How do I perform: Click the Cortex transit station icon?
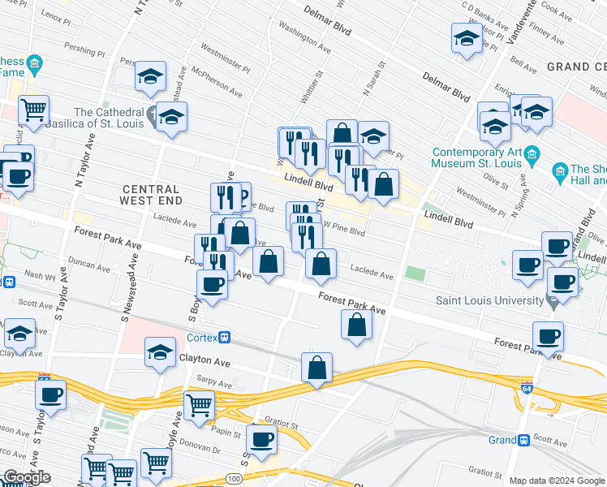click(x=225, y=338)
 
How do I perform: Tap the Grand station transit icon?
click(x=523, y=440)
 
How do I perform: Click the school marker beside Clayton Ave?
click(x=161, y=353)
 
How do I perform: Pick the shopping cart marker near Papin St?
click(x=199, y=404)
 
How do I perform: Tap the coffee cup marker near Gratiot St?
click(x=261, y=439)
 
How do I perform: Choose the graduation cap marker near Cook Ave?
click(x=466, y=38)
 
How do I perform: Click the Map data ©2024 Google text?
click(x=555, y=481)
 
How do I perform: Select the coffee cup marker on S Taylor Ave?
click(x=50, y=395)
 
